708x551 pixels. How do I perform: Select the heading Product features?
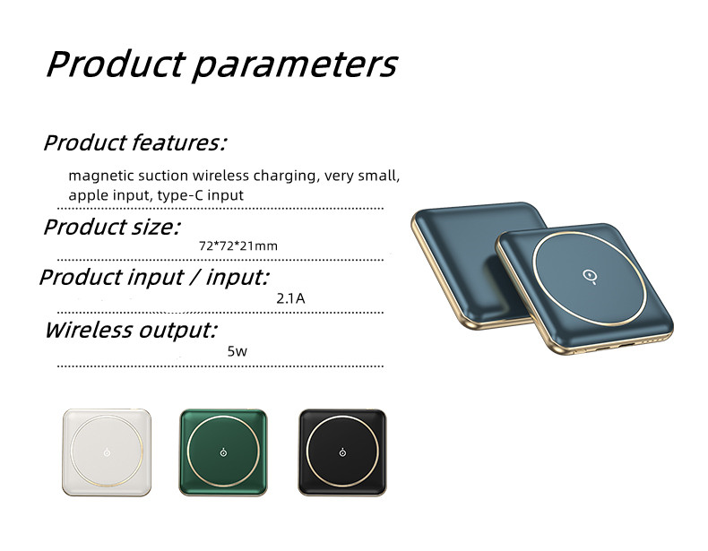pos(134,142)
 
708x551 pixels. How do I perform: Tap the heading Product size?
pos(111,227)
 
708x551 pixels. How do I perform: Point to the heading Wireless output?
pos(130,330)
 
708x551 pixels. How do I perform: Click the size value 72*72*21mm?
pos(237,245)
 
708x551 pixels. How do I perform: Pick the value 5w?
pos(237,351)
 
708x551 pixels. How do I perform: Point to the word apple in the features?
pos(86,194)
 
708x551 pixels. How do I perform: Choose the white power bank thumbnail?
pos(105,452)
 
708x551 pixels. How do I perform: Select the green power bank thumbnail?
pos(223,452)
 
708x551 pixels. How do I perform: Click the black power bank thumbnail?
pos(341,452)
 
